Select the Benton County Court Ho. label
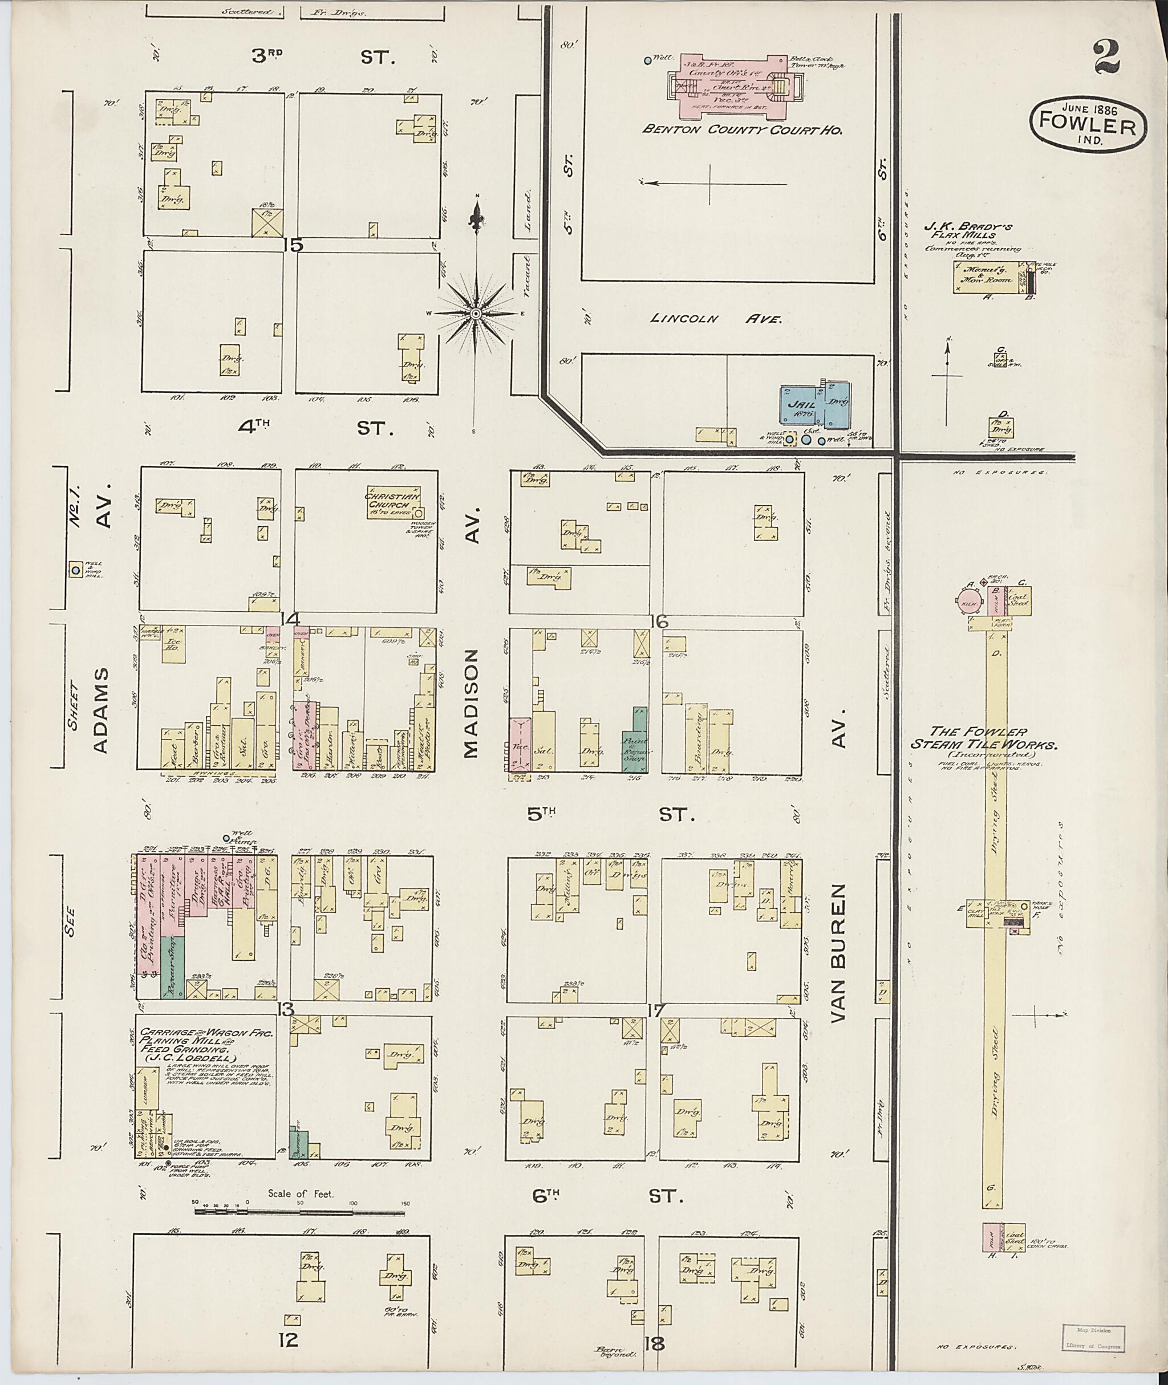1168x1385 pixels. pyautogui.click(x=741, y=131)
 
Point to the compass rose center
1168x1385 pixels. pyautogui.click(x=476, y=312)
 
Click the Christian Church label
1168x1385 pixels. pyautogui.click(x=392, y=501)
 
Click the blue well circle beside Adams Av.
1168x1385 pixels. pyautogui.click(x=76, y=570)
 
